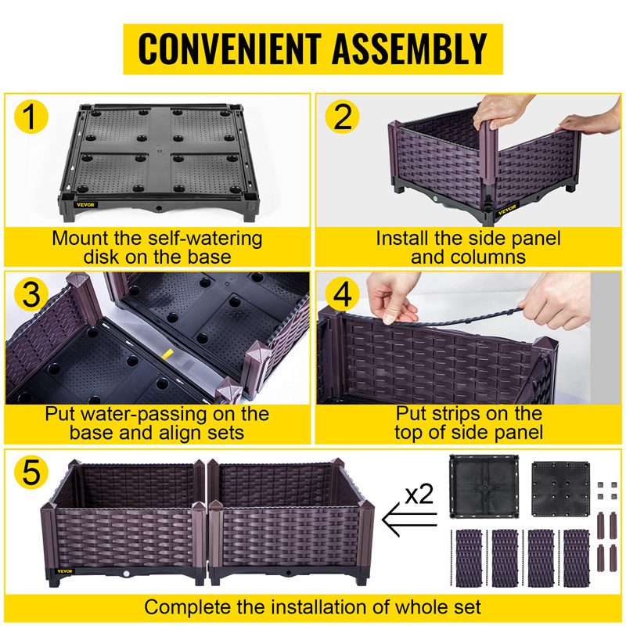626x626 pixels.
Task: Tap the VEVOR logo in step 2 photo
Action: (507, 209)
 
